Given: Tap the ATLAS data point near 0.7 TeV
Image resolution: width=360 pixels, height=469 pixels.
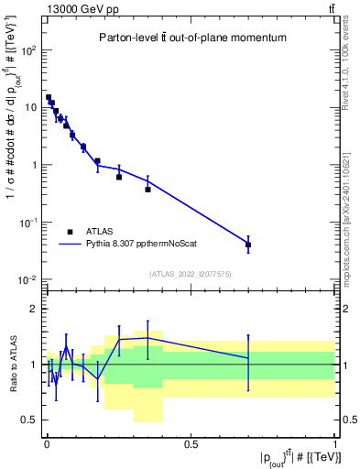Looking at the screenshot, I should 248,245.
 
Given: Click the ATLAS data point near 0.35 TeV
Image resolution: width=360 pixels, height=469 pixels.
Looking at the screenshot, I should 147,190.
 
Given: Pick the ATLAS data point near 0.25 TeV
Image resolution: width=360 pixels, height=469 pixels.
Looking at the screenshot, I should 119,177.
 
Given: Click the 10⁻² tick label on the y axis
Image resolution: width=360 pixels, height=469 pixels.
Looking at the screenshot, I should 27,279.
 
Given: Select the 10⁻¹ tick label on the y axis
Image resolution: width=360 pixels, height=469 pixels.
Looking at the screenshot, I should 27,223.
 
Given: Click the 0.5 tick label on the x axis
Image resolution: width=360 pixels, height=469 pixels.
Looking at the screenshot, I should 191,444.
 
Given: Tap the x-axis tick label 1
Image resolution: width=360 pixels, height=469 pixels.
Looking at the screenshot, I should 335,444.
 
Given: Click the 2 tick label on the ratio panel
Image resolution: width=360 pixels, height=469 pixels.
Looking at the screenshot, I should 35,309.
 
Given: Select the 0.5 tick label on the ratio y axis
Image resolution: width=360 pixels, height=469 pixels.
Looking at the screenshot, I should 29,420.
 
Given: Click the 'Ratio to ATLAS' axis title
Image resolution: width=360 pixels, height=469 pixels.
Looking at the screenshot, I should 12,365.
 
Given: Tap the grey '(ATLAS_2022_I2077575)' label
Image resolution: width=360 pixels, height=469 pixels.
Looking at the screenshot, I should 190,273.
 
